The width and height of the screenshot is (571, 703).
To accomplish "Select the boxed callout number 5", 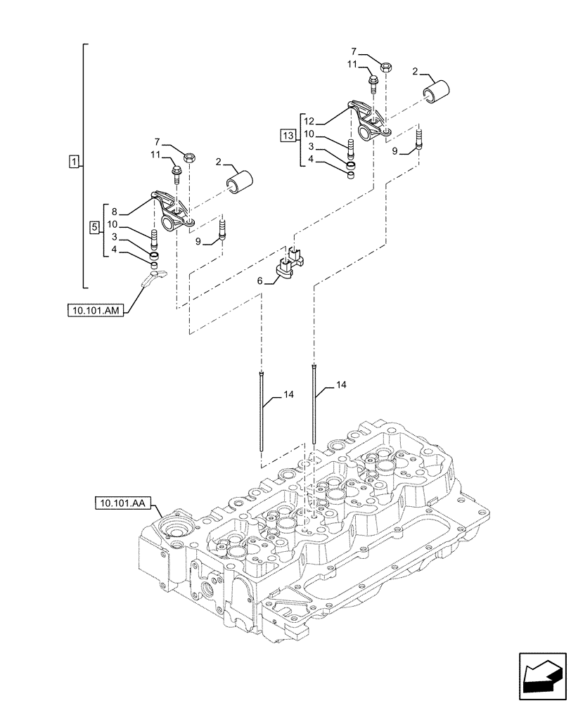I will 94,228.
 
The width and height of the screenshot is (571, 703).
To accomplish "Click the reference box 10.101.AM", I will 96,309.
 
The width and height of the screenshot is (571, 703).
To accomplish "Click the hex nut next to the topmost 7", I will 387,67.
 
